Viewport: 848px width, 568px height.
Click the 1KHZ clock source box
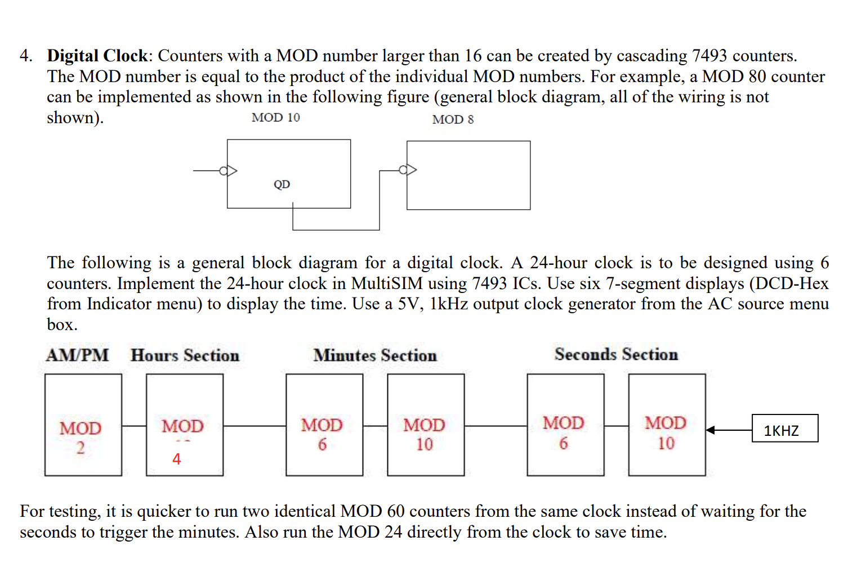784,429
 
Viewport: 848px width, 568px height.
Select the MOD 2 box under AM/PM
83,425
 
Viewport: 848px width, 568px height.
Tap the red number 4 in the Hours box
176,459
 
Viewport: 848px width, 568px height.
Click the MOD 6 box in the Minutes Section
324,425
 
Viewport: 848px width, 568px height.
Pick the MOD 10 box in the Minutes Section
425,425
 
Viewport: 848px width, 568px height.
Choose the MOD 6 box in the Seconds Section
565,425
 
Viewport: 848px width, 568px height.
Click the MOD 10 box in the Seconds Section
666,425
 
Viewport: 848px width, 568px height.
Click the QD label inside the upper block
282,184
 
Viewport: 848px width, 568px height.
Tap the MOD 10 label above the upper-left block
275,118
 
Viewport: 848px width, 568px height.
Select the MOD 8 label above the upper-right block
453,119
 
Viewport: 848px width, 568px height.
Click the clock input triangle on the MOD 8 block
409,170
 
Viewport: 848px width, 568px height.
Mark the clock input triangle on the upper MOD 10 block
230,170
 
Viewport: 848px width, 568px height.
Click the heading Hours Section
185,355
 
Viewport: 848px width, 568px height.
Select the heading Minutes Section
375,355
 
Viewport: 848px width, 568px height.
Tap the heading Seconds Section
616,354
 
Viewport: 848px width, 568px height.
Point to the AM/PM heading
77,355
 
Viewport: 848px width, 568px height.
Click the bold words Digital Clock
97,56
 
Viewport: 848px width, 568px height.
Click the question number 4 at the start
25,56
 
